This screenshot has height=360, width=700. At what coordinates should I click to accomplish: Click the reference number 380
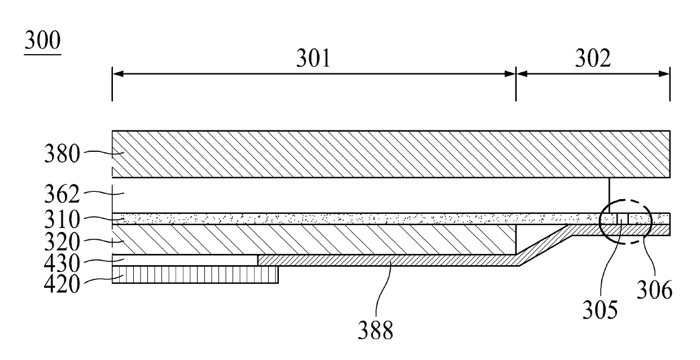62,154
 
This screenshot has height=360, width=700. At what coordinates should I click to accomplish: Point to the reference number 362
62,195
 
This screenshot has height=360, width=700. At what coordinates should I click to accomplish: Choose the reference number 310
62,219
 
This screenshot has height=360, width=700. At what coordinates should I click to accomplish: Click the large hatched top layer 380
390,154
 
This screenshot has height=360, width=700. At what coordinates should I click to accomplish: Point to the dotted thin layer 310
339,219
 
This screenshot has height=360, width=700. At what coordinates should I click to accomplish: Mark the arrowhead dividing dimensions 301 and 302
516,73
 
